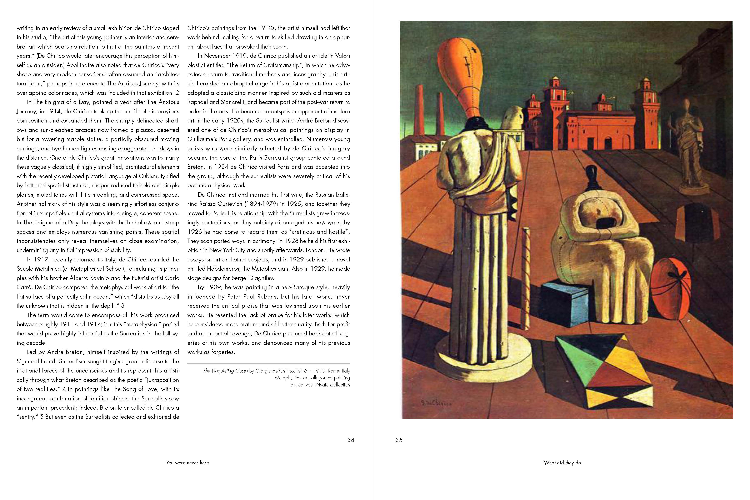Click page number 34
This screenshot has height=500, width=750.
click(x=350, y=440)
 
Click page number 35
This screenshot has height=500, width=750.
click(x=399, y=440)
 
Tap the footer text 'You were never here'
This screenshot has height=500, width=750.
click(x=187, y=463)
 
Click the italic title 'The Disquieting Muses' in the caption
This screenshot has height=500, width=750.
click(x=225, y=371)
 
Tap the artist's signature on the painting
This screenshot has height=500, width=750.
click(x=436, y=403)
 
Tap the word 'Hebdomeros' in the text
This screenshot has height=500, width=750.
click(x=225, y=269)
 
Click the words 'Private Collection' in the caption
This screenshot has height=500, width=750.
click(x=332, y=385)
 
